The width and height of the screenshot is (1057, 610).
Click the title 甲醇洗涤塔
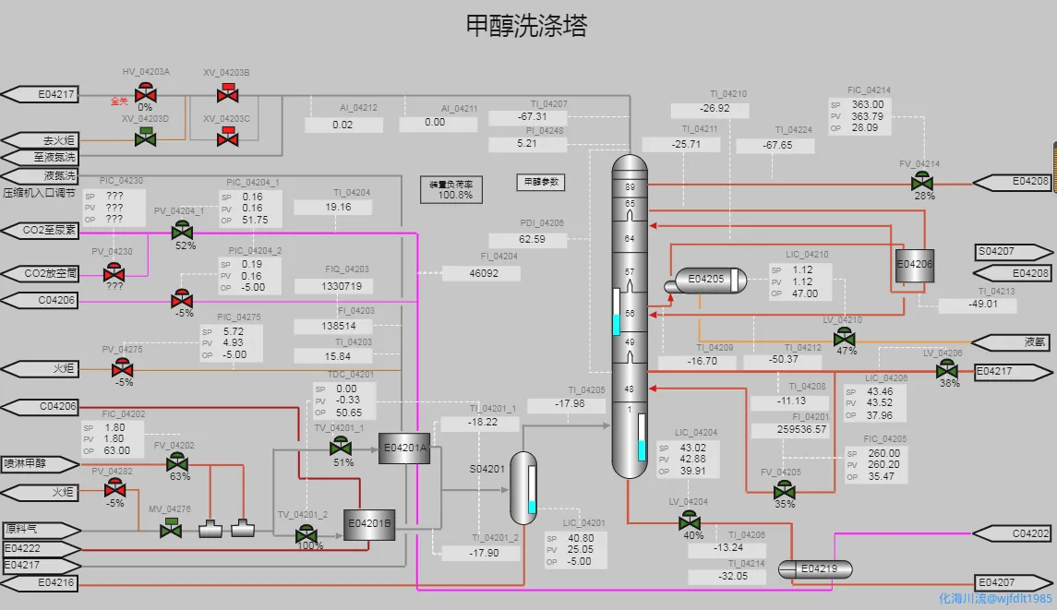[527, 26]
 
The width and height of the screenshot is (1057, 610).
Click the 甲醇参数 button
[540, 183]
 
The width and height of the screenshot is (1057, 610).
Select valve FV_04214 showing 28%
[921, 182]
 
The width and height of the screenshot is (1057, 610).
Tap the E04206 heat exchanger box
[915, 264]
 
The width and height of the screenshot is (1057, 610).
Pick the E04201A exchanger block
[404, 449]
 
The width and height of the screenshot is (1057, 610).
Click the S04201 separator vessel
[523, 484]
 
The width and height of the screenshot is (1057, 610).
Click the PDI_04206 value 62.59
[533, 240]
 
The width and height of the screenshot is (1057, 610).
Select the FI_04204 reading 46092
[481, 274]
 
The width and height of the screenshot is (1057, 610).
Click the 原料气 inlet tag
[37, 530]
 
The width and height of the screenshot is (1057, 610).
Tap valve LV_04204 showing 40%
[690, 522]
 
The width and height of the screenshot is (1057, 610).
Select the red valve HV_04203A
[145, 92]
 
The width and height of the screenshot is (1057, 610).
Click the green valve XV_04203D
[145, 138]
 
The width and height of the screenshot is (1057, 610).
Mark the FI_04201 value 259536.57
[789, 430]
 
